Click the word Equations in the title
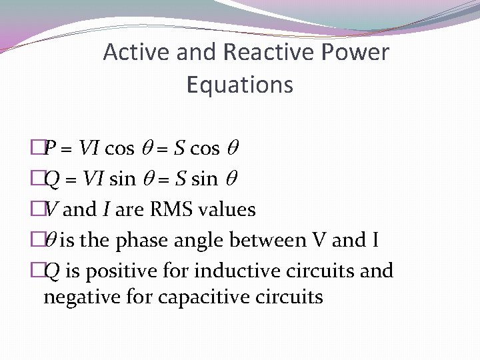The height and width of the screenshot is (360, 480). point(240,85)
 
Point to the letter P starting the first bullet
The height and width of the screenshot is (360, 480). point(49,148)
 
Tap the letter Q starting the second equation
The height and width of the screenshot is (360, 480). point(50,179)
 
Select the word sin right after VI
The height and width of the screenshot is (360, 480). point(120,179)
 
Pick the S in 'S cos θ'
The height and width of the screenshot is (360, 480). point(180,148)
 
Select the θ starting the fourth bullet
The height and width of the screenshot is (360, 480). point(50,240)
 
